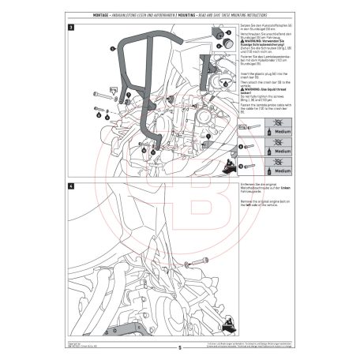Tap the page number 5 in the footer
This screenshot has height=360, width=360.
click(180, 347)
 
